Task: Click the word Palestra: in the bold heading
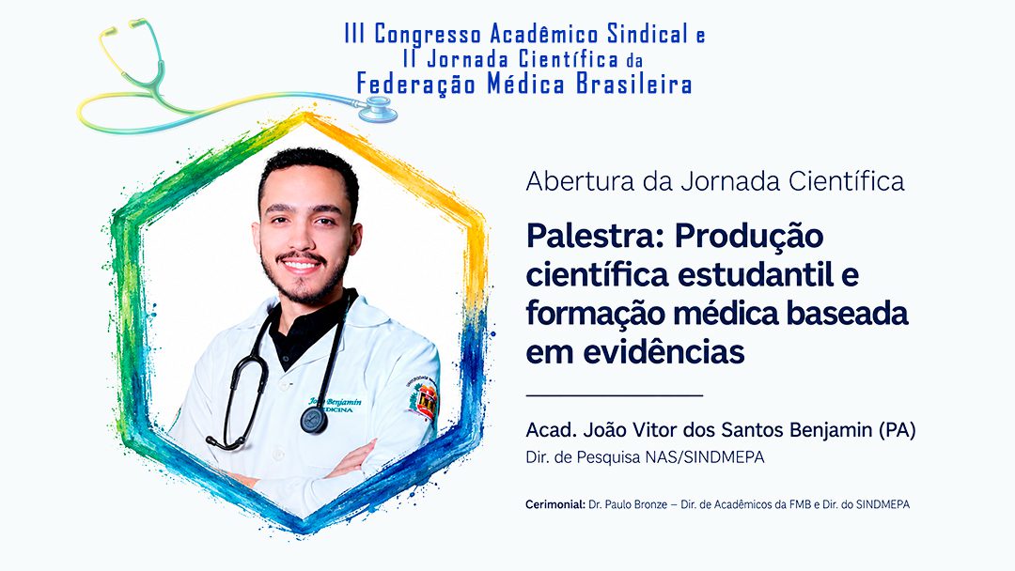click(596, 236)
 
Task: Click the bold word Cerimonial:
click(555, 504)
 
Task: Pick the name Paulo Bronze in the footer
click(635, 504)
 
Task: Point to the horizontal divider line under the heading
click(615, 394)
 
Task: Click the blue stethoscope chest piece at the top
click(378, 110)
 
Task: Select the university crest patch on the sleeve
click(423, 400)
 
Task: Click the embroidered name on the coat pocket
click(335, 405)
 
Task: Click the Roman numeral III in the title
click(354, 34)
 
